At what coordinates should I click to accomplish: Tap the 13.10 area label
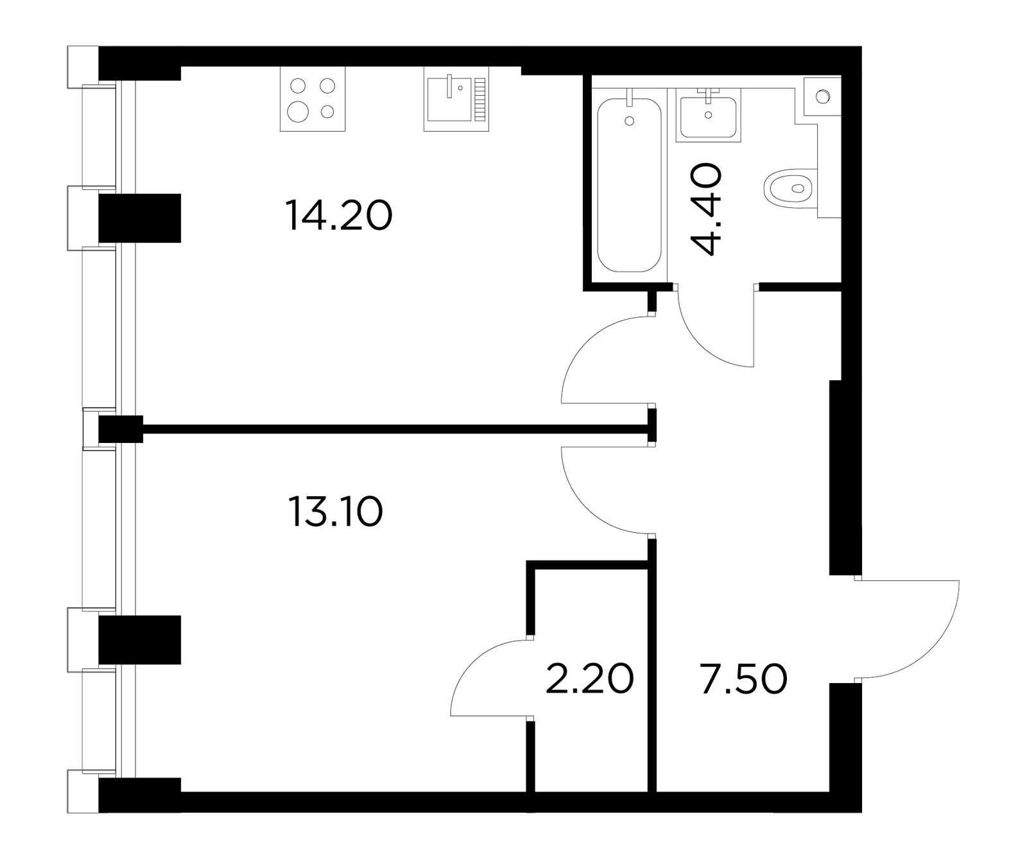tap(336, 512)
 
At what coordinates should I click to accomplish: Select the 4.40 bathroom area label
tap(706, 209)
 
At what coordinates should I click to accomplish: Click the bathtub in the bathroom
tap(629, 185)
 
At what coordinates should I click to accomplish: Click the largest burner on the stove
tap(298, 112)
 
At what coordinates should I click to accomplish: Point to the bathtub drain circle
tap(629, 121)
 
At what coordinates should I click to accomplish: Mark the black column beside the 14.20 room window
tap(140, 218)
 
